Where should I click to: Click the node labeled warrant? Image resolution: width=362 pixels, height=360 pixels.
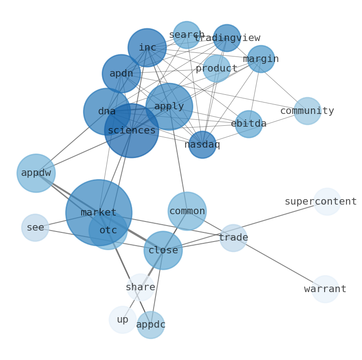pos(325,289)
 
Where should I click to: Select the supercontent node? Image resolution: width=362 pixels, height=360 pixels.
pos(327,201)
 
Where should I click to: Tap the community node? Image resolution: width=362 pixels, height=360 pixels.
pos(307,111)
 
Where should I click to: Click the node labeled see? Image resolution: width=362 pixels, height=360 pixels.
pos(35,227)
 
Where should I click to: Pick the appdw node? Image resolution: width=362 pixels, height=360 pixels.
pos(36,173)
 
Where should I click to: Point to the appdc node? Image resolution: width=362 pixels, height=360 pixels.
pos(150,325)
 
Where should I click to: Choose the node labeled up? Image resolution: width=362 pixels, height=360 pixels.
pos(123,319)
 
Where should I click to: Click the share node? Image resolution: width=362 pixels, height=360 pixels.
pos(140,287)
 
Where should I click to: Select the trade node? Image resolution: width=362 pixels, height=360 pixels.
pos(233,237)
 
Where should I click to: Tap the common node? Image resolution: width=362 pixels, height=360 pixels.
pos(187,211)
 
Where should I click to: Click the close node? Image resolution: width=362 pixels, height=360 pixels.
pos(163,250)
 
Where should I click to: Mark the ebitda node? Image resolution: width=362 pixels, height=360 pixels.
pos(248,124)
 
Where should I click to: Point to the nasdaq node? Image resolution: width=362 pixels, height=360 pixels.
pos(202,144)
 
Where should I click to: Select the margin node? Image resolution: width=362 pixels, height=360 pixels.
pos(261,59)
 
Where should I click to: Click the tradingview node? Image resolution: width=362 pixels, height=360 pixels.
pos(227,38)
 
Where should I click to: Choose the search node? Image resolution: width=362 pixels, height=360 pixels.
pos(186,35)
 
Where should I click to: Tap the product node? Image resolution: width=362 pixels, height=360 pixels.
pos(217,68)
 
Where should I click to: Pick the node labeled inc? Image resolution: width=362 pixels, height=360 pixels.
pos(147,47)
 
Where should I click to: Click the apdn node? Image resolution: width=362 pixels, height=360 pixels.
pos(121,73)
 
